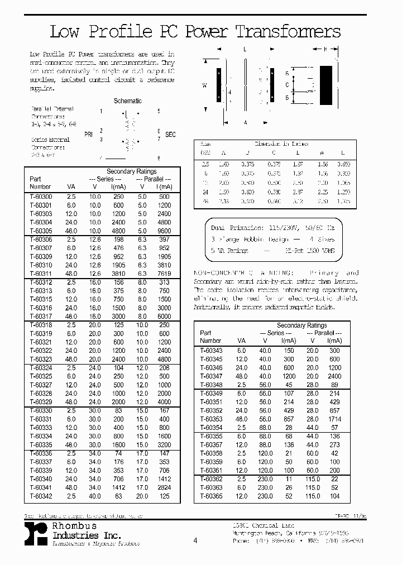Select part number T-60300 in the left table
[x=40, y=197]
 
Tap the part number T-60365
[x=210, y=496]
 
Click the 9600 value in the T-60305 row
[x=164, y=231]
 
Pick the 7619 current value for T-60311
[x=164, y=274]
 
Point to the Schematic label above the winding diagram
[x=127, y=101]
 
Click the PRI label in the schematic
[x=88, y=135]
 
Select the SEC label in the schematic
[x=170, y=135]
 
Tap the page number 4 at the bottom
[x=195, y=540]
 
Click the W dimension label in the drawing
[x=204, y=85]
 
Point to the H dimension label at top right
[x=325, y=49]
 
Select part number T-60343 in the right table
[x=210, y=350]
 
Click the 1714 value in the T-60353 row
[x=334, y=419]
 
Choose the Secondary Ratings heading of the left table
[x=131, y=171]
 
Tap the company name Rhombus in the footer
[x=74, y=526]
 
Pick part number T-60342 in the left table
[x=40, y=496]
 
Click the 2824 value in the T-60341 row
[x=164, y=487]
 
